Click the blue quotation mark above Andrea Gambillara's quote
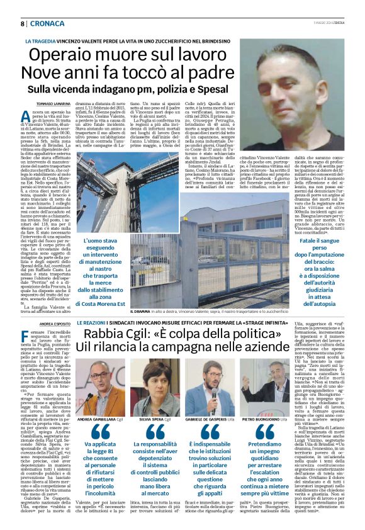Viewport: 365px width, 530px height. coord(100,431)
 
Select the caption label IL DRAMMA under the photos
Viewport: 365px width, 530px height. coord(140,311)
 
